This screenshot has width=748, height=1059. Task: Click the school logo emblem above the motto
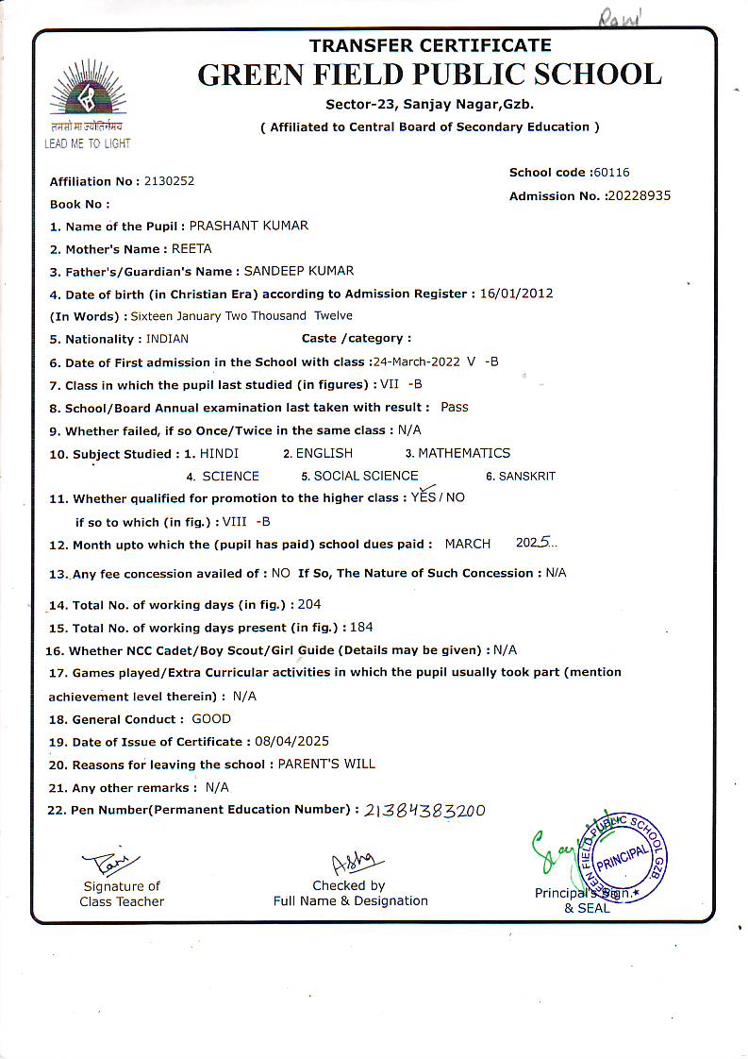pos(88,91)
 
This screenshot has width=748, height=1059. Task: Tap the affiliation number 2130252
pos(170,181)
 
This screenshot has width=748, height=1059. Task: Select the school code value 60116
pos(611,173)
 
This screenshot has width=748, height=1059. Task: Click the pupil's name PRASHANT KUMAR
pos(249,227)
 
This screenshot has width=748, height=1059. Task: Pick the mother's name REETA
pos(191,249)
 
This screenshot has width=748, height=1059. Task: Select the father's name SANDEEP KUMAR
pos(299,272)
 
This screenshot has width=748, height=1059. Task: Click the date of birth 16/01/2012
pos(516,294)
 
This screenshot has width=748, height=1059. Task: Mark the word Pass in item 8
pos(455,408)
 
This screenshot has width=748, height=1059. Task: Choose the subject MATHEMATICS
pos(464,453)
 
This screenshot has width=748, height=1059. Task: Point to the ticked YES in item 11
pos(424,496)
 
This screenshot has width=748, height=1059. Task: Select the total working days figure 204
pos(309,605)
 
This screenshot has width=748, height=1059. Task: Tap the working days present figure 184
pos(362,628)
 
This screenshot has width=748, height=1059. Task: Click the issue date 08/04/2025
pos(291,742)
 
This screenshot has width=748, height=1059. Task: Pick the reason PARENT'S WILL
pos(326,765)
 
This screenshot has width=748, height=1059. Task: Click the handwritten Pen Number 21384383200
pos(424,811)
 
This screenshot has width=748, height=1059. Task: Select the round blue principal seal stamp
pos(623,855)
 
